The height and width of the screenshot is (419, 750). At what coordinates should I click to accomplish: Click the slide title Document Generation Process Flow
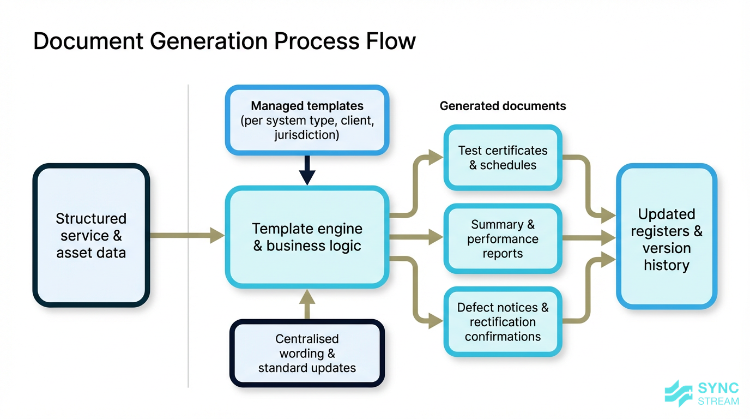pyautogui.click(x=224, y=41)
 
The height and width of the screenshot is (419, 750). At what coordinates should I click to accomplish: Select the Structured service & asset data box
pyautogui.click(x=91, y=236)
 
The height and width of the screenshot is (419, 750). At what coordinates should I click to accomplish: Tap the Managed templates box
pyautogui.click(x=307, y=121)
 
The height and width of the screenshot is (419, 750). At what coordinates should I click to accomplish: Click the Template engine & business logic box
pyautogui.click(x=307, y=237)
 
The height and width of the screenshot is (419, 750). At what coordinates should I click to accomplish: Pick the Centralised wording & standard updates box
pyautogui.click(x=307, y=354)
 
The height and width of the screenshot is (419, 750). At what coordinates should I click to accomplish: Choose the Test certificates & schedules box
pyautogui.click(x=503, y=158)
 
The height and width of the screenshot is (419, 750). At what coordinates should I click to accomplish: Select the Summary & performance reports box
pyautogui.click(x=503, y=239)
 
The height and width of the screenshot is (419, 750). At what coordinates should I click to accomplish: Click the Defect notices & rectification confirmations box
pyautogui.click(x=503, y=322)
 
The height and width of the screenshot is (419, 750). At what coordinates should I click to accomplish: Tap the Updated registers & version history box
pyautogui.click(x=666, y=239)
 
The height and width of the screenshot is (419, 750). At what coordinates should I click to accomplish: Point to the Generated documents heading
pyautogui.click(x=503, y=106)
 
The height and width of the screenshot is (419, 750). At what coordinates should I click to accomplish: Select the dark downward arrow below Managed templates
pyautogui.click(x=307, y=171)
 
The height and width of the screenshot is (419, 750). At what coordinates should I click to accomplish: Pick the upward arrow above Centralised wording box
pyautogui.click(x=307, y=303)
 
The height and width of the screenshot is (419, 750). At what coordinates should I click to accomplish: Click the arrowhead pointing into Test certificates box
pyautogui.click(x=436, y=158)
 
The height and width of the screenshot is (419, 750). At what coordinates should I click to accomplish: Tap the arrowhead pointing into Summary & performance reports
pyautogui.click(x=436, y=237)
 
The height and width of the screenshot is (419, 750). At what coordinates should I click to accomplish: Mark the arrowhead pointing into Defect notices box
pyautogui.click(x=436, y=321)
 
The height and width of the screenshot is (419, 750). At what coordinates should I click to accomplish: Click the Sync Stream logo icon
pyautogui.click(x=679, y=393)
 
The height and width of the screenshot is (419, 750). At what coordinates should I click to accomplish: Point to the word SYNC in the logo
pyautogui.click(x=718, y=388)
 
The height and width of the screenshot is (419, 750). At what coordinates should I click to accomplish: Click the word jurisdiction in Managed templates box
pyautogui.click(x=307, y=135)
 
